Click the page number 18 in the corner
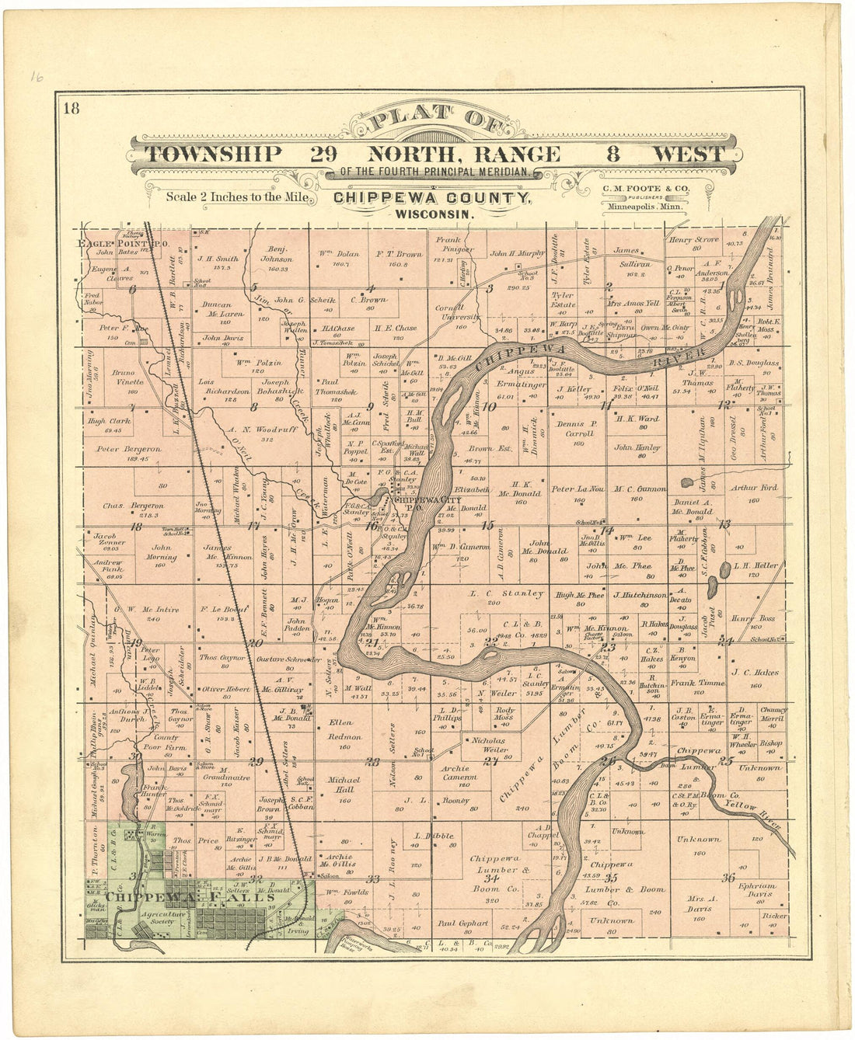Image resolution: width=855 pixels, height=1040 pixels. [x=72, y=108]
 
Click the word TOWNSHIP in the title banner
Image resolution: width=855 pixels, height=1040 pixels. [x=214, y=154]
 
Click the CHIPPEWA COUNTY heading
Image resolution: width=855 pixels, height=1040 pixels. [x=432, y=198]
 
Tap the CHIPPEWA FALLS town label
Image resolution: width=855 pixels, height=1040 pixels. [x=191, y=896]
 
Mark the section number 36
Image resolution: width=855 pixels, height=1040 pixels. [x=728, y=878]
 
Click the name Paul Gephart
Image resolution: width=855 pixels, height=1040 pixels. [x=462, y=923]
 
